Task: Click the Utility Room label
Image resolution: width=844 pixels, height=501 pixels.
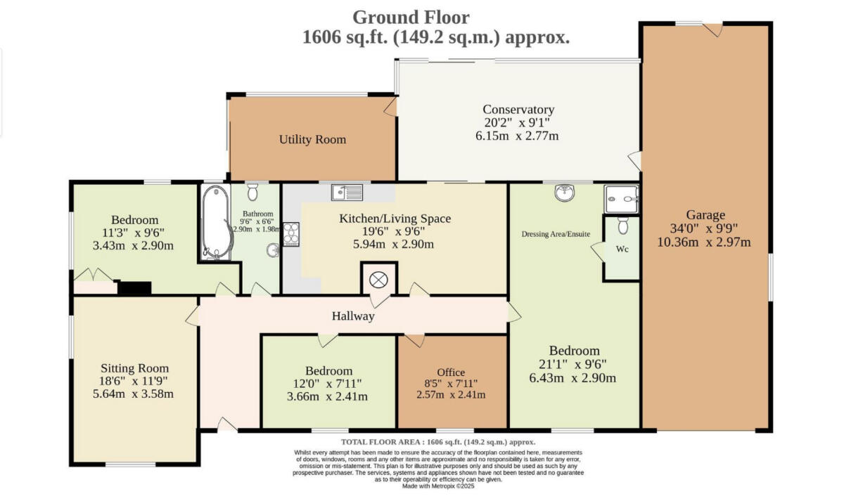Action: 312,139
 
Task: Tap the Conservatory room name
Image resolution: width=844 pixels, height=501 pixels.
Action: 518,110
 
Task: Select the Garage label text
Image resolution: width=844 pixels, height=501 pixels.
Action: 705,215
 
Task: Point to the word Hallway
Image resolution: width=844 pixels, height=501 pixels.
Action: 353,316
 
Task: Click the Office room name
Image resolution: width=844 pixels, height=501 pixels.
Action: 451,372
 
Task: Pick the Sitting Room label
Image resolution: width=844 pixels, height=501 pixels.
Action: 134,368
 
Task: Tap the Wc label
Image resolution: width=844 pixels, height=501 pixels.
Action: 622,249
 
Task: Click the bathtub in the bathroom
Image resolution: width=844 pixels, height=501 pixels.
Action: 217,222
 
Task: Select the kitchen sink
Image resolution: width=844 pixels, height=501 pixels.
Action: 347,193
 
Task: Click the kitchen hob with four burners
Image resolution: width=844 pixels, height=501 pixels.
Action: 291,234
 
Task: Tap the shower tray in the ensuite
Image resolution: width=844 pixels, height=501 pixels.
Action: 621,199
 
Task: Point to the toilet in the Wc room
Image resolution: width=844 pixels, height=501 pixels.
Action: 623,225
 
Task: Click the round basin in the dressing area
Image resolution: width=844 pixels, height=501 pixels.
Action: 564,193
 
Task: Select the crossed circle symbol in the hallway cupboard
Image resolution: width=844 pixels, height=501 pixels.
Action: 378,280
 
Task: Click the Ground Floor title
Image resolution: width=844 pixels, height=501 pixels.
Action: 411,18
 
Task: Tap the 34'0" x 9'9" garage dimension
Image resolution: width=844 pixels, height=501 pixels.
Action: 704,228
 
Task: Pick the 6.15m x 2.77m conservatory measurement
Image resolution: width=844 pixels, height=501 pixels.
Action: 517,136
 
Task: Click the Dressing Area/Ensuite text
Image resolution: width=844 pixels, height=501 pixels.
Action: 556,234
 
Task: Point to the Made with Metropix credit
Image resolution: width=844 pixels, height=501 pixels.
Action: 438,486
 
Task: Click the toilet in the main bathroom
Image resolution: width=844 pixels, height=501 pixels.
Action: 252,192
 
